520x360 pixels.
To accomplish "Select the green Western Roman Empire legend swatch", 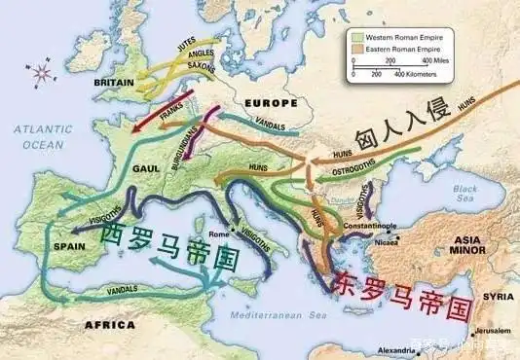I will pos(359,36).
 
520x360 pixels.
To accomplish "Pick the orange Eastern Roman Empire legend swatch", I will pos(359,47).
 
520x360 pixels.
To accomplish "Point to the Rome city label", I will pos(218,234).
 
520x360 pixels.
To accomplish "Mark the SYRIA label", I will pos(491,296).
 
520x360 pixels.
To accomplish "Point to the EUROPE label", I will pos(271,102).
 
